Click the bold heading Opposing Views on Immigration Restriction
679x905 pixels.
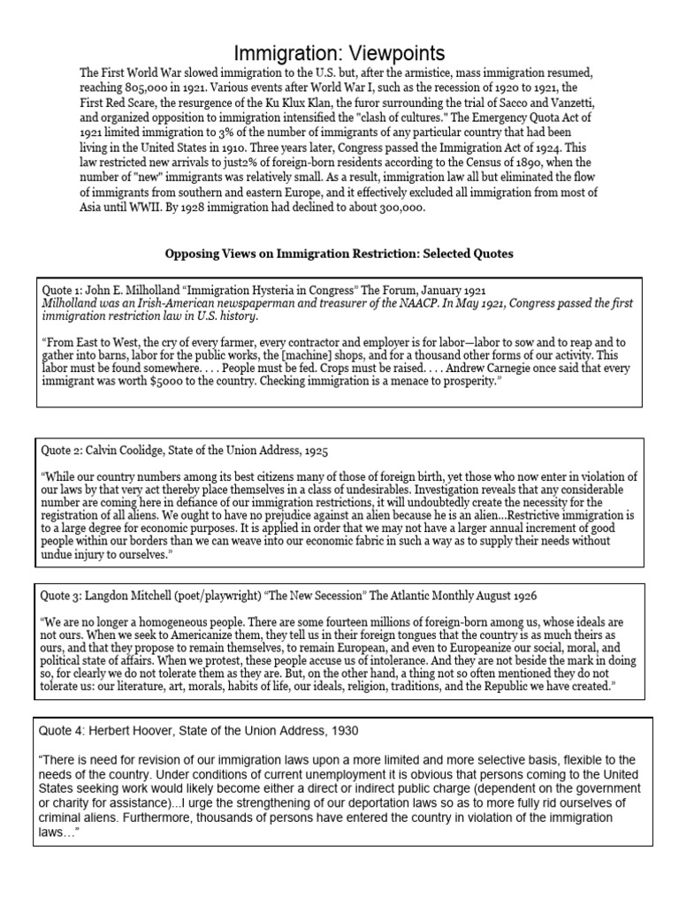click(x=339, y=254)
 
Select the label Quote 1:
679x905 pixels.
click(x=63, y=290)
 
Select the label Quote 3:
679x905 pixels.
click(x=63, y=597)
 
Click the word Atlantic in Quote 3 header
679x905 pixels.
click(x=433, y=597)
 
